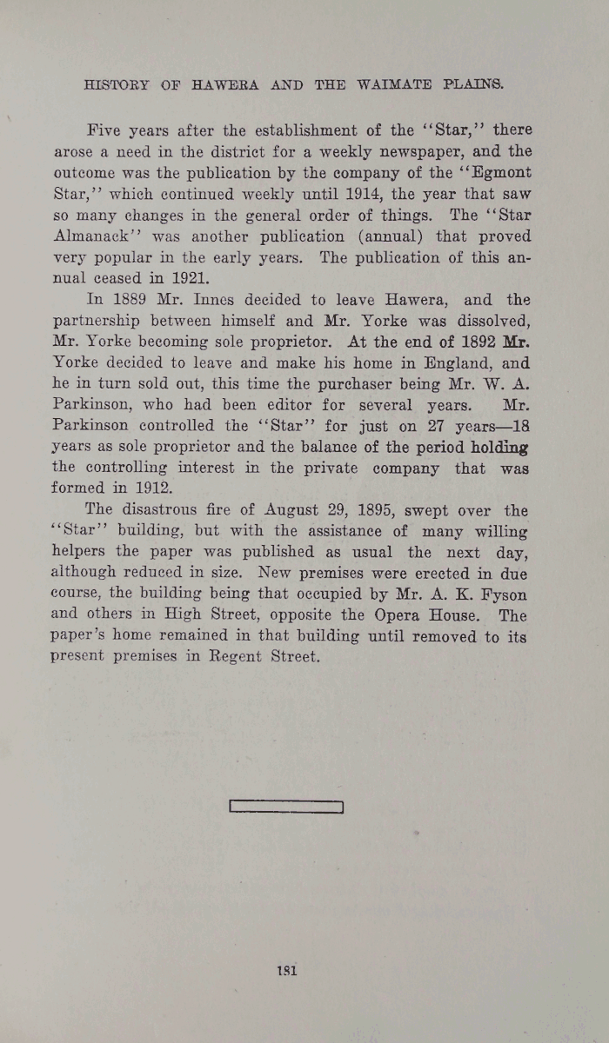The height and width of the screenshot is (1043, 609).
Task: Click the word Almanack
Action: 123,236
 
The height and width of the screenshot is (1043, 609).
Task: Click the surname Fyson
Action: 502,595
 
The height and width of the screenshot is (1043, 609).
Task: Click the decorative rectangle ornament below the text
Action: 287,807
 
